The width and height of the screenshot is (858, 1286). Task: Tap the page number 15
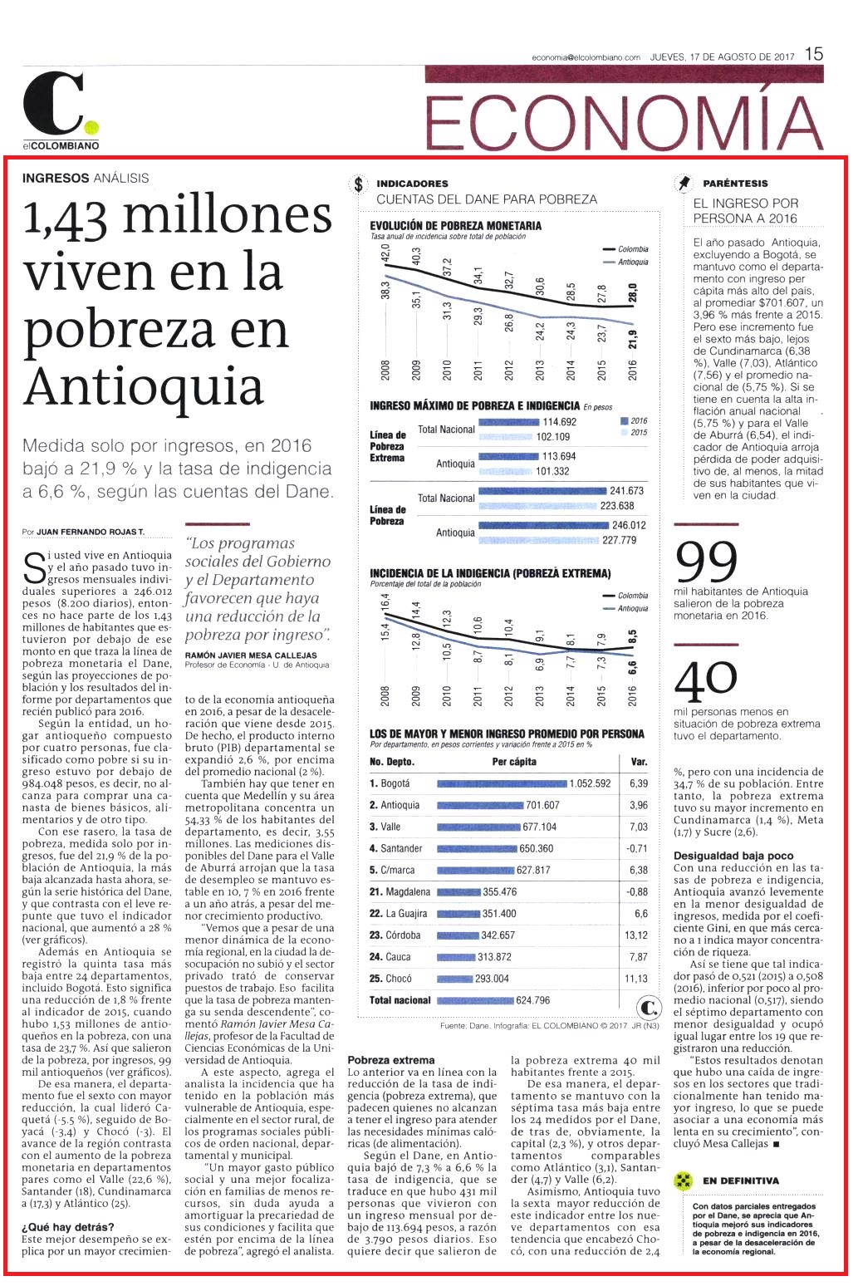coord(814,55)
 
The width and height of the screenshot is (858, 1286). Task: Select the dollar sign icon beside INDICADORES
coord(359,184)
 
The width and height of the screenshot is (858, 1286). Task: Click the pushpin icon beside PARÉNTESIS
coord(683,183)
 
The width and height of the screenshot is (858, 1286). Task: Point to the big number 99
coord(707,562)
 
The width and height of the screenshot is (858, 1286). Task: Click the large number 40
coord(705,680)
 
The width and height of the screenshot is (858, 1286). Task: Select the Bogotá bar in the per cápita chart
coord(502,784)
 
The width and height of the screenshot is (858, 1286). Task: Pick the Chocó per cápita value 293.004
coord(492,979)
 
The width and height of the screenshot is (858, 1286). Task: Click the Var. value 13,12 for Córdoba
coord(636,935)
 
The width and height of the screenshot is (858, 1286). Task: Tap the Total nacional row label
coord(400,1000)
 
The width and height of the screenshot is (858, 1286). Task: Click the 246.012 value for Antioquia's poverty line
coord(629,525)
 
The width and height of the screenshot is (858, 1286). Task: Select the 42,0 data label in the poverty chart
coord(385,253)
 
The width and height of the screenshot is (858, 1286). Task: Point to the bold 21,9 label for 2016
coord(632,339)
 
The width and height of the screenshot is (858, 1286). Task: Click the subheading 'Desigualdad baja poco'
coord(733,856)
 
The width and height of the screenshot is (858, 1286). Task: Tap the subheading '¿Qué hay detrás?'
coord(68,1228)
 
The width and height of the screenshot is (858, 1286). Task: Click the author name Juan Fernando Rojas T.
coord(90,532)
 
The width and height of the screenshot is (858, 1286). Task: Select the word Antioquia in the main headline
coord(144,387)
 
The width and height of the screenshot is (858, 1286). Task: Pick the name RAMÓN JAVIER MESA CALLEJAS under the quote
coord(251,655)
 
